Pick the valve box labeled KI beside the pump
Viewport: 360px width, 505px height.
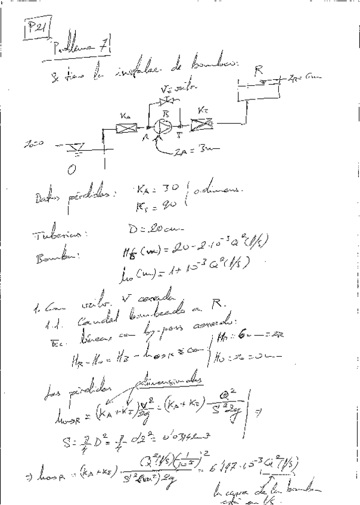[x=203, y=126]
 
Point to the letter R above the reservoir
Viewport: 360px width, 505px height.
[x=258, y=71]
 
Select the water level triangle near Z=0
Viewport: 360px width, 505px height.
[x=74, y=146]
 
